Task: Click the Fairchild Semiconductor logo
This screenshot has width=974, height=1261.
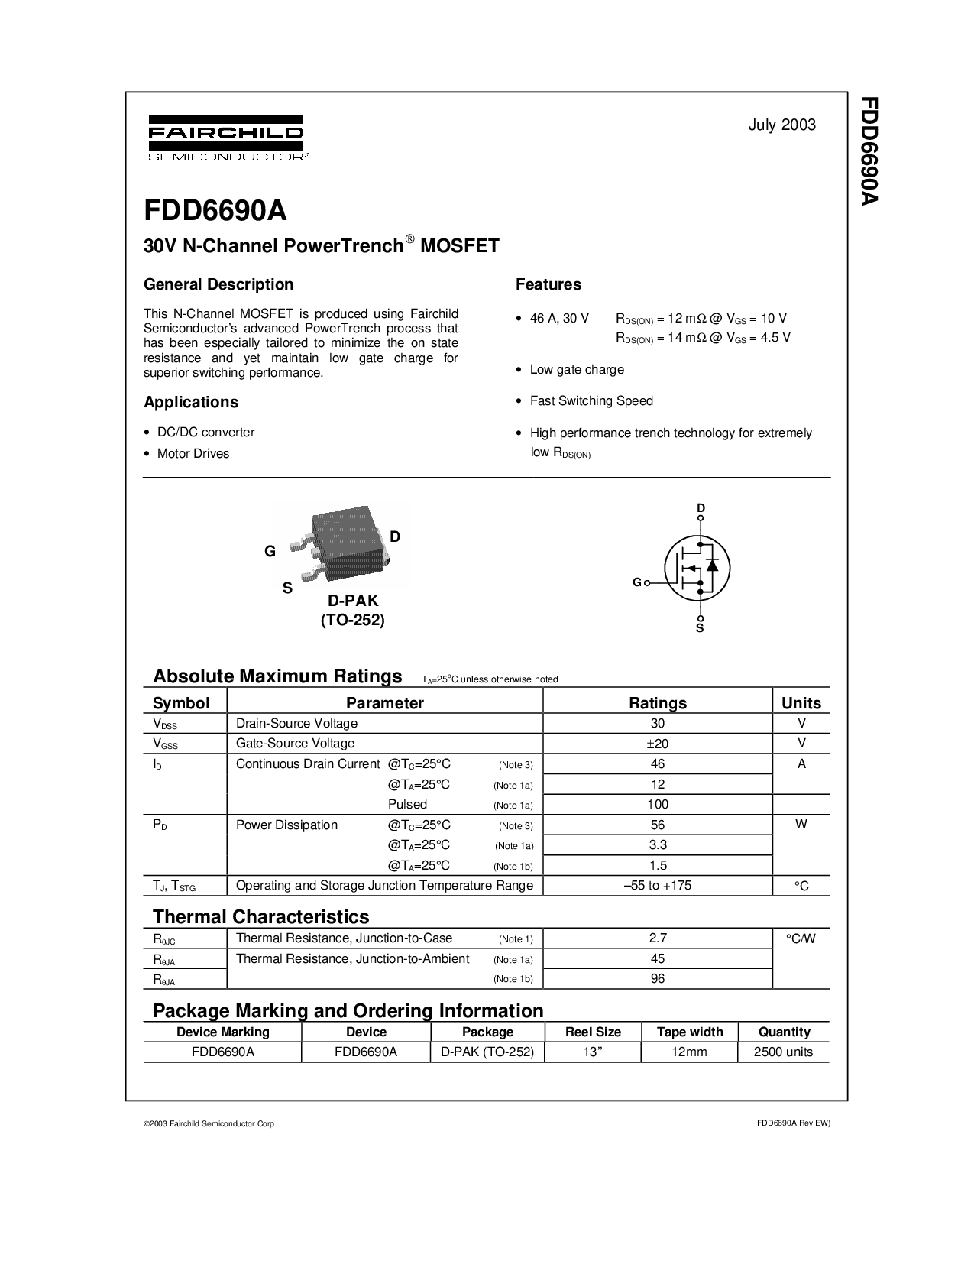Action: point(228,138)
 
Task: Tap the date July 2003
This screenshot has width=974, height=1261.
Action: point(781,125)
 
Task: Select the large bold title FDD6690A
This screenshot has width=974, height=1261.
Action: point(215,211)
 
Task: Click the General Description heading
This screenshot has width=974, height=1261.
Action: point(218,284)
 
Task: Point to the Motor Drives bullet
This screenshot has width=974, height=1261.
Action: point(193,453)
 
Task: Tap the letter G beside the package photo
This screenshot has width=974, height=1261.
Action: point(270,551)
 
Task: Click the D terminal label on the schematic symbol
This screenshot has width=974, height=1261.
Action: point(701,507)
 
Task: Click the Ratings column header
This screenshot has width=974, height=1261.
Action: point(657,703)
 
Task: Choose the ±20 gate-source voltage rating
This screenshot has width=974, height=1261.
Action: point(657,744)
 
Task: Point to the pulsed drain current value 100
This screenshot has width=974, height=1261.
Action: point(658,804)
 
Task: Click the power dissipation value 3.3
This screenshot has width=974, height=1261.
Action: point(658,845)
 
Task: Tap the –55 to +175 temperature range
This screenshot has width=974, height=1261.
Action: point(657,886)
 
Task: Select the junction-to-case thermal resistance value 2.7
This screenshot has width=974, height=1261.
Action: point(658,938)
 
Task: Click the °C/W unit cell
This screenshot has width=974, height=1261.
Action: point(801,939)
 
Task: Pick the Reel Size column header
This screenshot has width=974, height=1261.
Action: point(593,1032)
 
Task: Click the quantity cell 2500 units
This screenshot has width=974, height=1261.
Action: point(783,1052)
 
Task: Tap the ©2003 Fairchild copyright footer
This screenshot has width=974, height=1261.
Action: point(210,1124)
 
